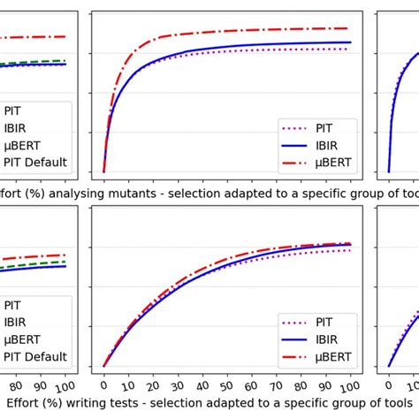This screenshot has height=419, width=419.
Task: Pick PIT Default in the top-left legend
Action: click(35, 163)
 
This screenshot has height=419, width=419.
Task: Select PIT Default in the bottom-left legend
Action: click(35, 357)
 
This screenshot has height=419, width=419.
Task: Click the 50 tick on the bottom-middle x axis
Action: click(227, 385)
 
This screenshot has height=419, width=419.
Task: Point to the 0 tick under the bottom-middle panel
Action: click(104, 385)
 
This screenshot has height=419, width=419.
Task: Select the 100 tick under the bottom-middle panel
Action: click(350, 387)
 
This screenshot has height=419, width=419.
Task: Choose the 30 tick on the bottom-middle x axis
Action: click(179, 385)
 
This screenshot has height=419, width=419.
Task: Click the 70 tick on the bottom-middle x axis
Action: click(277, 385)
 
